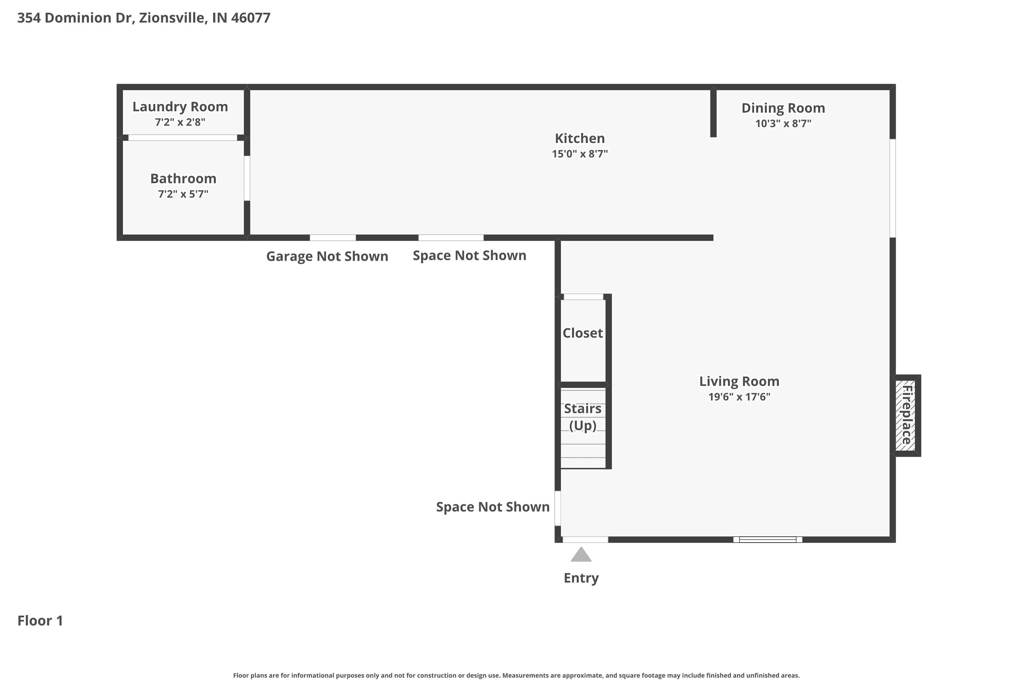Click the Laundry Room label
click(x=180, y=107)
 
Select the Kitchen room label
click(x=580, y=138)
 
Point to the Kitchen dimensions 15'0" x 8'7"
click(x=580, y=154)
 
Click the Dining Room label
click(x=783, y=108)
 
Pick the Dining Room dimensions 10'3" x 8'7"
click(x=783, y=123)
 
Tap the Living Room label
click(x=739, y=381)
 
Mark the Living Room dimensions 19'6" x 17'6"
click(x=739, y=397)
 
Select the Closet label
click(x=583, y=333)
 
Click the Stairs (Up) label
click(x=583, y=417)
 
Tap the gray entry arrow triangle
click(x=581, y=555)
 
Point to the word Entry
click(x=581, y=578)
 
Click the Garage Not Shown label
click(x=327, y=256)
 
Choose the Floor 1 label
click(x=40, y=621)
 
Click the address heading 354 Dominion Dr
click(x=144, y=18)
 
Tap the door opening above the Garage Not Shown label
click(x=333, y=238)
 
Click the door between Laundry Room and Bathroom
click(x=183, y=137)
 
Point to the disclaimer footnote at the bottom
click(x=516, y=675)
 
